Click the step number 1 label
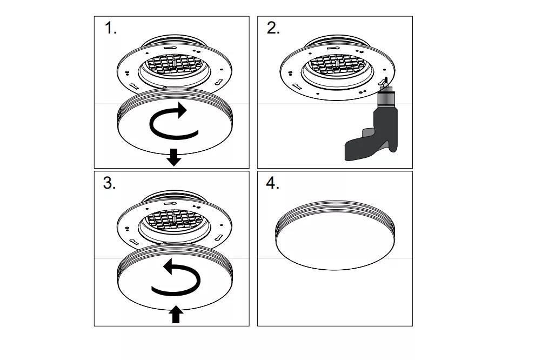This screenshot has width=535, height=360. tap(110, 28)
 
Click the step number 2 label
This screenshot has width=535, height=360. tap(273, 28)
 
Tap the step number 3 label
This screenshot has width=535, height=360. tap(109, 183)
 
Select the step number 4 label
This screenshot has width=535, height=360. tap(272, 183)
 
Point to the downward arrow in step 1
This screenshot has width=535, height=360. tap(174, 157)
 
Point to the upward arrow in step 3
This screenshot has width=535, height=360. tap(176, 314)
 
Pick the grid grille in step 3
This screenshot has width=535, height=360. tap(174, 220)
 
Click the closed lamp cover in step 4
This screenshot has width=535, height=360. tap(335, 236)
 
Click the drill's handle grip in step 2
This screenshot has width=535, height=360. tap(358, 150)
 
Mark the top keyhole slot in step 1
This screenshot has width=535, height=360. tap(170, 48)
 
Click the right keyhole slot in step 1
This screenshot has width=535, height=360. tap(219, 82)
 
